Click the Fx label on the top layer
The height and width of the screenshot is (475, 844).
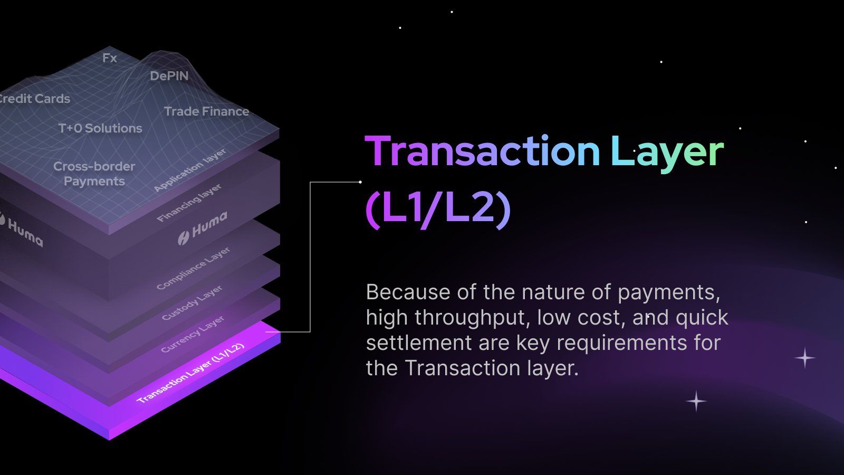[x=110, y=58]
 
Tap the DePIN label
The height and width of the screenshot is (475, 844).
[x=169, y=76]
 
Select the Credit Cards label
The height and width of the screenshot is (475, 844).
[x=35, y=99]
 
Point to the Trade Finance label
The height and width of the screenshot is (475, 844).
[x=206, y=111]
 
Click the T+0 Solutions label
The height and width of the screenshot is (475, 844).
[x=100, y=128]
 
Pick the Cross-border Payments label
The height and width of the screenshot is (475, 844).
[x=94, y=174]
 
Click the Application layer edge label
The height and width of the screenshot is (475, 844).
[x=190, y=169]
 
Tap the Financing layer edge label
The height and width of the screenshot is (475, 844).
[x=189, y=203]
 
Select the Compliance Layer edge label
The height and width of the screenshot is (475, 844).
[x=193, y=269]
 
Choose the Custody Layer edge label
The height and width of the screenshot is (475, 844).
[x=192, y=303]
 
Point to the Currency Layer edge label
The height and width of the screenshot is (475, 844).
[x=193, y=334]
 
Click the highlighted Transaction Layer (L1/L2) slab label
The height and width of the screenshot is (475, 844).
[x=190, y=373]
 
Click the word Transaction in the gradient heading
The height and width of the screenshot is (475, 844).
[x=482, y=151]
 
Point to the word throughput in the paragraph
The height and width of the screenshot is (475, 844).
[x=473, y=318]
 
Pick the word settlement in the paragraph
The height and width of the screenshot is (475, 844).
[x=419, y=343]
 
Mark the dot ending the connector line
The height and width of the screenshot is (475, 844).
[x=360, y=182]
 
